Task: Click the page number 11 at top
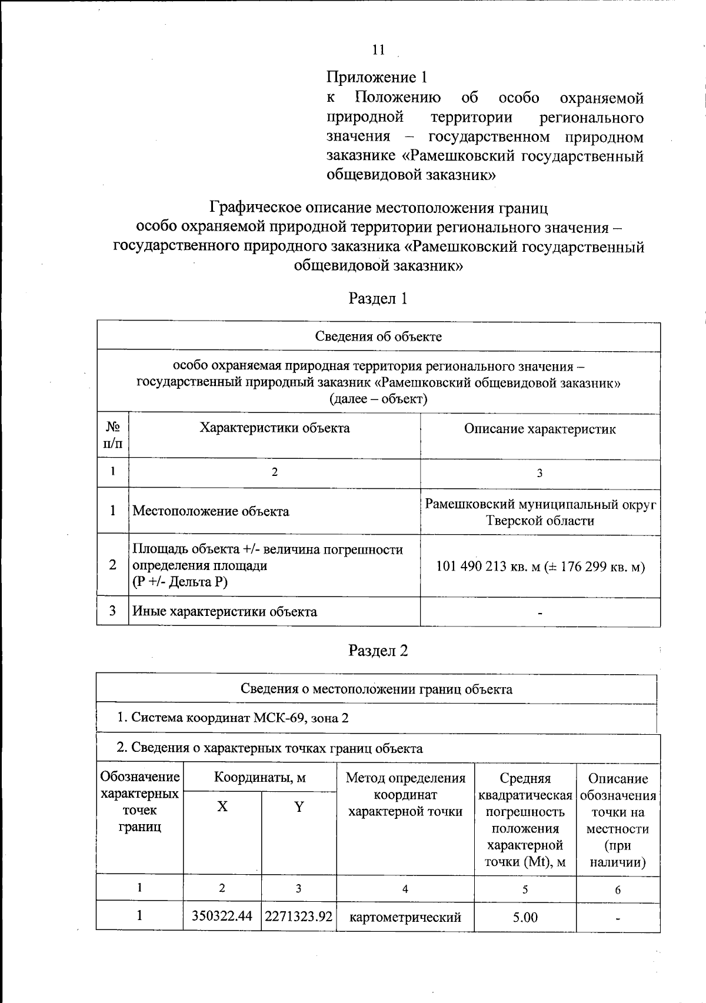pyautogui.click(x=378, y=50)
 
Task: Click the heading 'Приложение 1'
pyautogui.click(x=376, y=77)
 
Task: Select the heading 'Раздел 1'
pyautogui.click(x=378, y=298)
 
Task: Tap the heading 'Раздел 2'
pyautogui.click(x=378, y=651)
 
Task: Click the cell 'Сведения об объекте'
pyautogui.click(x=378, y=336)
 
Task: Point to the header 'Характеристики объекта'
pyautogui.click(x=274, y=428)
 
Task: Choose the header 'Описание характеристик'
pyautogui.click(x=540, y=429)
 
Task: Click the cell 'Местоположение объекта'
pyautogui.click(x=211, y=511)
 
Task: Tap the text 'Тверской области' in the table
pyautogui.click(x=540, y=521)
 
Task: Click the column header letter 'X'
pyautogui.click(x=222, y=807)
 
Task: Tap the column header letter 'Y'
pyautogui.click(x=299, y=807)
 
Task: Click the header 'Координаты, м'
pyautogui.click(x=259, y=778)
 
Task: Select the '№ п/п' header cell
pyautogui.click(x=112, y=435)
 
